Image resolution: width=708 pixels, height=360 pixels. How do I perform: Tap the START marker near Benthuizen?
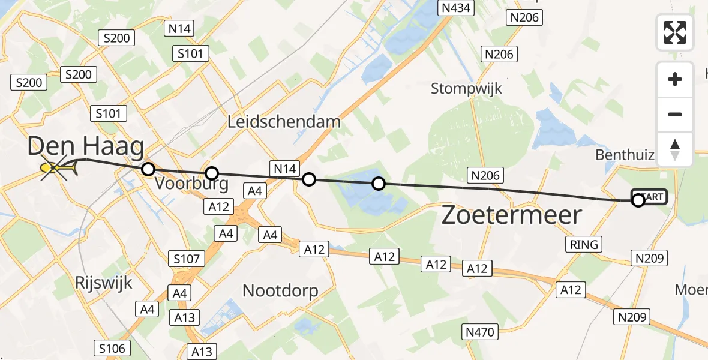pos(649,197)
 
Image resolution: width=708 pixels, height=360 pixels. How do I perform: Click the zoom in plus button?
pos(675,79)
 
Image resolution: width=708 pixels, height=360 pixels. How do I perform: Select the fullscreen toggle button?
pos(675,32)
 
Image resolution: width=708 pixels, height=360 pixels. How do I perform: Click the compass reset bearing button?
pos(675,149)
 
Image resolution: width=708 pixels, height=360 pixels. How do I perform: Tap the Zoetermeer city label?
pos(512,215)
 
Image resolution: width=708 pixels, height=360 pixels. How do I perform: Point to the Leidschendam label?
pos(284,122)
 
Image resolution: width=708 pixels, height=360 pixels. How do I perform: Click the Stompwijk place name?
pos(466,89)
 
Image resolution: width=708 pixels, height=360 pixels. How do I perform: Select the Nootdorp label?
pos(280,291)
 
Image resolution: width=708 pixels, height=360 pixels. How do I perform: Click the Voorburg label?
pos(191,184)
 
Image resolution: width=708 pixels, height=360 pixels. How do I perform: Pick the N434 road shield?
pos(457,8)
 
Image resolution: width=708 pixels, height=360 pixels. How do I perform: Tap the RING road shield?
pos(584,244)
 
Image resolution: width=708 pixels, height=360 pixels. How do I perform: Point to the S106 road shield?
pos(112,348)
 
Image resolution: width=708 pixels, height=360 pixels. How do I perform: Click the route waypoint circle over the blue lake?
pos(378,184)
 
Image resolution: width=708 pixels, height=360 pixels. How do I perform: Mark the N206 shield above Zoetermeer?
pos(487,175)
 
